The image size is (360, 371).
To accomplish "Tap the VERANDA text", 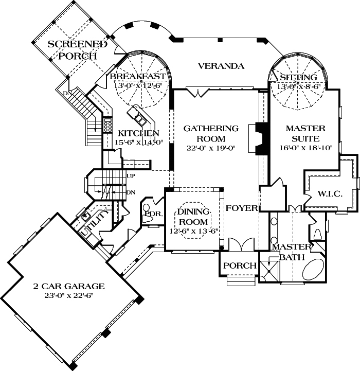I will point(220,66).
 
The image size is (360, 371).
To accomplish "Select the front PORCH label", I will point(240,266).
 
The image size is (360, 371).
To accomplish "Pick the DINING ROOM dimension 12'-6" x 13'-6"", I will point(193,231).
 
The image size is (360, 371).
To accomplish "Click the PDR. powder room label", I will point(153,213).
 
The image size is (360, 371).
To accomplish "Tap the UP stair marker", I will point(130,176).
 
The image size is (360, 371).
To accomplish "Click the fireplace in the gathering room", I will point(260,138).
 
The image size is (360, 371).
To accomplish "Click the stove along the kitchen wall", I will point(108,125).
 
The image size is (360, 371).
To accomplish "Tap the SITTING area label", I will point(298,77).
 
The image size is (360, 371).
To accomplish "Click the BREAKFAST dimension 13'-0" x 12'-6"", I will point(138,86).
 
